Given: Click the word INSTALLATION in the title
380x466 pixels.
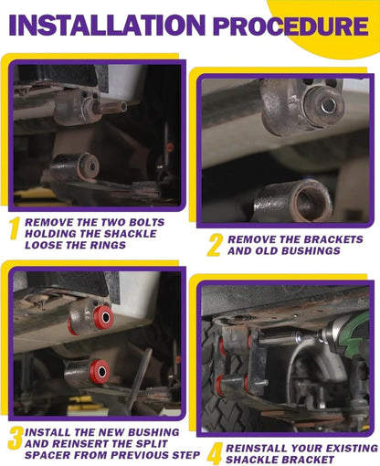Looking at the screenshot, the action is click(108, 25).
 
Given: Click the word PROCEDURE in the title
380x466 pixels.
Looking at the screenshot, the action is click(290, 26).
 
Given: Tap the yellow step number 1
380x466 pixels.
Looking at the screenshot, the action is click(14, 228).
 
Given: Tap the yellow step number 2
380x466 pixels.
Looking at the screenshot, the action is click(215, 245).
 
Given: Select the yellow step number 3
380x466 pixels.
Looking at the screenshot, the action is click(16, 438).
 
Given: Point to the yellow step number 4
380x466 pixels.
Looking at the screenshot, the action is click(215, 454).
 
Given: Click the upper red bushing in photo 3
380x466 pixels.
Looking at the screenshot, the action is click(103, 317).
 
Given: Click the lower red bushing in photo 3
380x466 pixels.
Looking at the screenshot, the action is click(100, 371).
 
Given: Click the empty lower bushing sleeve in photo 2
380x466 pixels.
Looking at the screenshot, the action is click(294, 200).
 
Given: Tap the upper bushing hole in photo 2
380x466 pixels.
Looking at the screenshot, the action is click(329, 105).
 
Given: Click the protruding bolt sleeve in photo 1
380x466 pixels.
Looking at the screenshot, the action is click(111, 107).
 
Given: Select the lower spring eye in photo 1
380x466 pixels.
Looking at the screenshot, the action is click(75, 167).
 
